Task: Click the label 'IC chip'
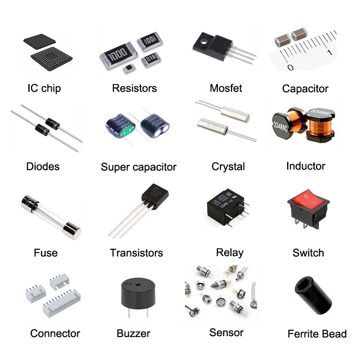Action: (x=44, y=88)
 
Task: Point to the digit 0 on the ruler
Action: (x=290, y=67)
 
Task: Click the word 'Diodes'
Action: (x=43, y=166)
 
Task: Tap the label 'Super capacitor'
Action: (x=139, y=167)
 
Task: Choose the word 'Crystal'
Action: (x=228, y=166)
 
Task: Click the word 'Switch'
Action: (x=308, y=252)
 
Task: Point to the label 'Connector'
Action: (x=55, y=333)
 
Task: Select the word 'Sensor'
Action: (x=226, y=333)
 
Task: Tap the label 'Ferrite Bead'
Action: (x=317, y=334)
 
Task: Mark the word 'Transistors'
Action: (x=136, y=252)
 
